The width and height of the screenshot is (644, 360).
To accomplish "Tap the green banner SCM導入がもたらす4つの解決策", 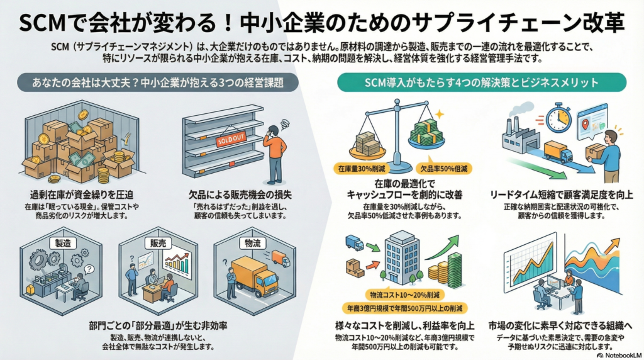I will pos(482,82).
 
